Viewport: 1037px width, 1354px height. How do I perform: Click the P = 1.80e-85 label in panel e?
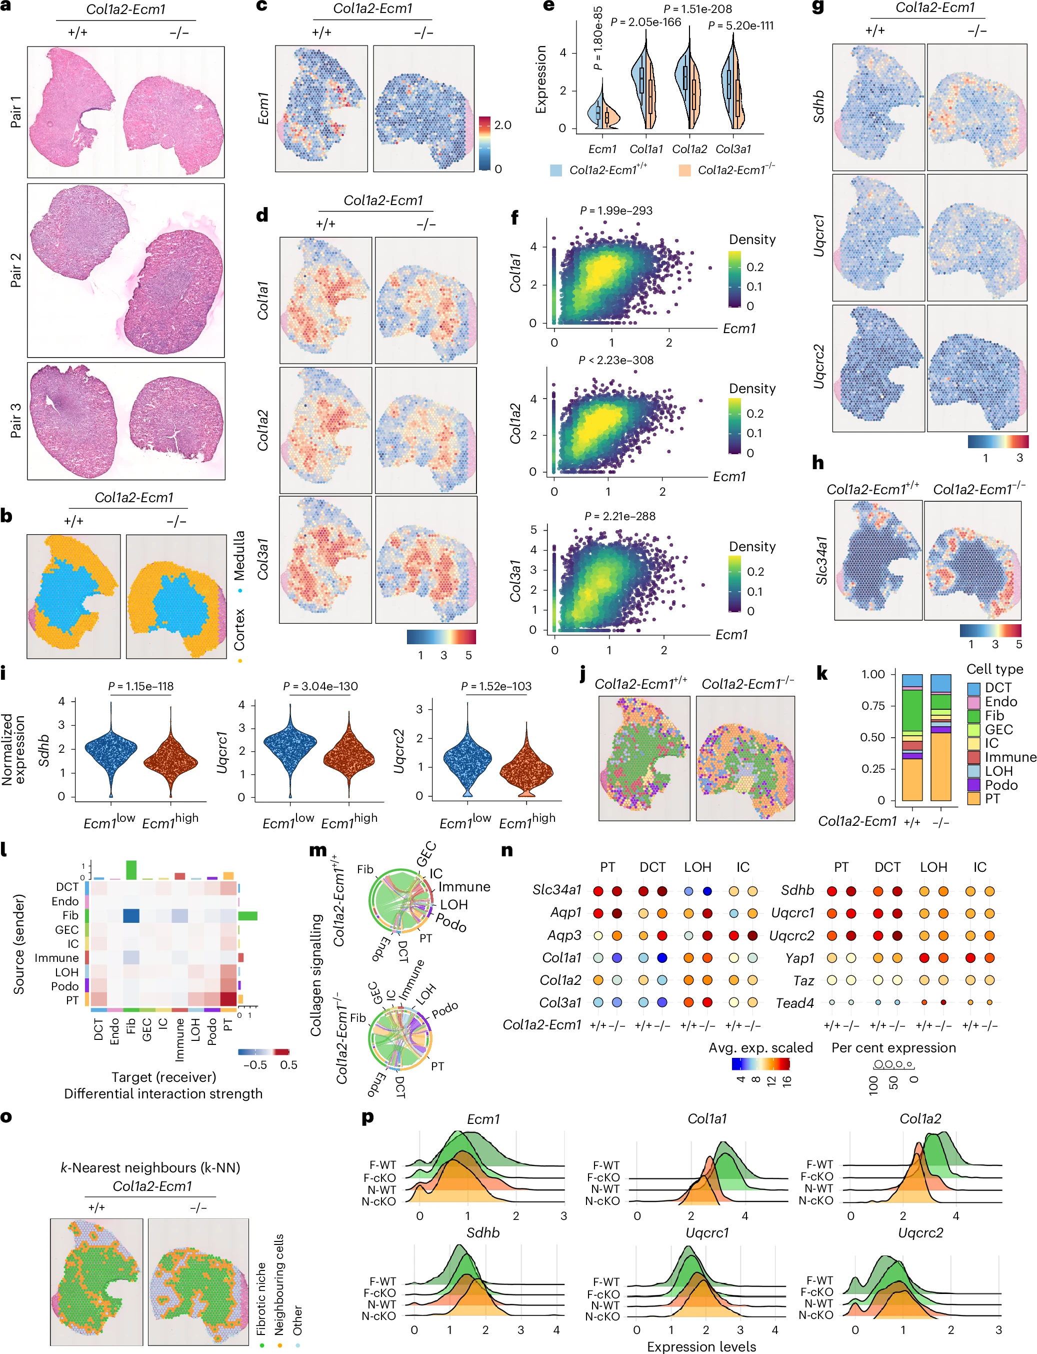pyautogui.click(x=597, y=39)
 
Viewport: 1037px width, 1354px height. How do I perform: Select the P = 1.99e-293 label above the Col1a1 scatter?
pyautogui.click(x=616, y=211)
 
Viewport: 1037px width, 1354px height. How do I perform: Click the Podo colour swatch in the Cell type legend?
pyautogui.click(x=973, y=785)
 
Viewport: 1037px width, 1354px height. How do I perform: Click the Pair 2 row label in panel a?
pyautogui.click(x=15, y=270)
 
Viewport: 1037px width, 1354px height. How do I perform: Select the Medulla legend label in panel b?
pyautogui.click(x=239, y=556)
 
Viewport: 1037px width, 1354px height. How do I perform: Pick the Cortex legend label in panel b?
pyautogui.click(x=239, y=629)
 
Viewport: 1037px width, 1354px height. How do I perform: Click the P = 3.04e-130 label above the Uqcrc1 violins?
pyautogui.click(x=320, y=687)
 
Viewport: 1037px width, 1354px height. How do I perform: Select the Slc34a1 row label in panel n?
pyautogui.click(x=557, y=890)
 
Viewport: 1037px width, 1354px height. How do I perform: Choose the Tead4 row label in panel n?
pyautogui.click(x=795, y=1003)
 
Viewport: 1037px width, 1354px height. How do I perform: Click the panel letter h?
pyautogui.click(x=818, y=463)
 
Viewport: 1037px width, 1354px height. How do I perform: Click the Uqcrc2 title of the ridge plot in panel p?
pyautogui.click(x=920, y=1233)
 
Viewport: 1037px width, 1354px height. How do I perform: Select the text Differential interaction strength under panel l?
pyautogui.click(x=163, y=1093)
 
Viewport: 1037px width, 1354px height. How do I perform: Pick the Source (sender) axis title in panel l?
pyautogui.click(x=19, y=945)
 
